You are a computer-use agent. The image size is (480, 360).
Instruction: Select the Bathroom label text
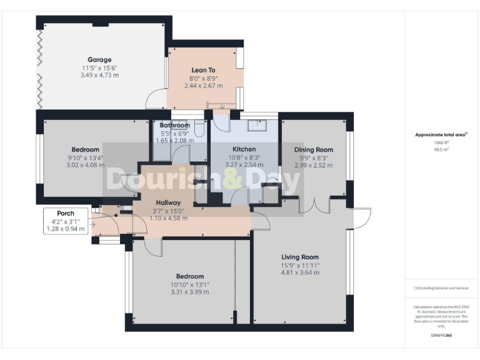coord(174,125)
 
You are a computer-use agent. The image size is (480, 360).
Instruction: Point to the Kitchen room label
coord(243,149)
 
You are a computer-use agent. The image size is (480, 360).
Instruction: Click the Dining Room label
coord(314,149)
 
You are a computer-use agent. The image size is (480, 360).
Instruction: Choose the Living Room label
coord(300,257)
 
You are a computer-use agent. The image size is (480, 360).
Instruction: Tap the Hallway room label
coord(169,202)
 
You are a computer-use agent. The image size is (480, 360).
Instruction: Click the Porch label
coord(66,213)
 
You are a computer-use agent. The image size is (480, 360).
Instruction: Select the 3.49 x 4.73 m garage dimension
coord(99,75)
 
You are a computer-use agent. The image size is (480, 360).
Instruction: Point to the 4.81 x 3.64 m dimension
coord(300,272)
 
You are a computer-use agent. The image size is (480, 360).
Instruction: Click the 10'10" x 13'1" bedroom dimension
coord(189,284)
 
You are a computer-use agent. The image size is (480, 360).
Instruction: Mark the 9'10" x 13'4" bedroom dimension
coord(85,157)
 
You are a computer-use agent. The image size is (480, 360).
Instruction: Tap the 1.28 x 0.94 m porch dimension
coord(66,229)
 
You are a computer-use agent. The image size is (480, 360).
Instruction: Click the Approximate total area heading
coord(441,134)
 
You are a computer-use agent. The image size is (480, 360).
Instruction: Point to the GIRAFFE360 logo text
coord(441,336)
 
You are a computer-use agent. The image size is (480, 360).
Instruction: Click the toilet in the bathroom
coord(199,129)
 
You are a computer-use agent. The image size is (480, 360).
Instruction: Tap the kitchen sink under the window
coord(256,126)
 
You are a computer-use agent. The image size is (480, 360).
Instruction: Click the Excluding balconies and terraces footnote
coord(441,287)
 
